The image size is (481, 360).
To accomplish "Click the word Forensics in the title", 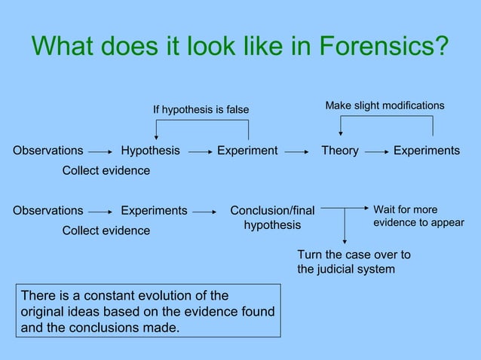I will (x=383, y=47).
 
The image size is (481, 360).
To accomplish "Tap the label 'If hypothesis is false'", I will (x=201, y=110).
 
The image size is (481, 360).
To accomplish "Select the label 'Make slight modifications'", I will (x=384, y=105).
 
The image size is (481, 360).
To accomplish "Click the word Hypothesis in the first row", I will (x=151, y=151).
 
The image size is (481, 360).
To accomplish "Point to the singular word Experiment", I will (x=247, y=151).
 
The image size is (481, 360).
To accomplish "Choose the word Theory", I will (x=340, y=151).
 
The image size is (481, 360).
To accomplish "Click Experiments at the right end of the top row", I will (x=427, y=151).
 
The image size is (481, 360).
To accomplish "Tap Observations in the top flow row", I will (x=48, y=151).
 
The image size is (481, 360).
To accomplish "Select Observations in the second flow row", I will (x=48, y=211).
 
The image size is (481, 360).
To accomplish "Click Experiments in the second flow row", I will (x=154, y=211).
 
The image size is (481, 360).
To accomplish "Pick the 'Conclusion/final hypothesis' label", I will (x=272, y=218).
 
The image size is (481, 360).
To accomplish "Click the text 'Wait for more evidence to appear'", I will (x=418, y=216).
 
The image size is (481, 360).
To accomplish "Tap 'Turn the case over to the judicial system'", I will (x=354, y=261).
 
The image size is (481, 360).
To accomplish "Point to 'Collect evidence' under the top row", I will (x=106, y=171).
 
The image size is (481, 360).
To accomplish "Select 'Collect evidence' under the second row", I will (x=106, y=230).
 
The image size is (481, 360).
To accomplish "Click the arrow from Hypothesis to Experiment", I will (x=199, y=151).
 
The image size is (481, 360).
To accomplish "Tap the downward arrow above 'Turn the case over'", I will (x=345, y=226).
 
